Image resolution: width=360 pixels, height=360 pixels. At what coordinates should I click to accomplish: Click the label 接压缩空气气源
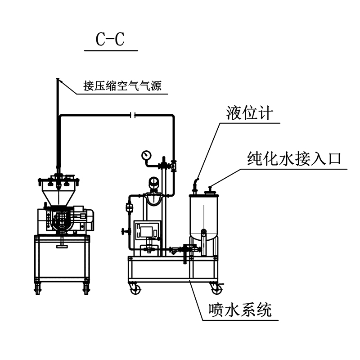click(x=122, y=85)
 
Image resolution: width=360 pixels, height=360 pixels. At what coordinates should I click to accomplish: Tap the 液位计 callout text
click(x=249, y=113)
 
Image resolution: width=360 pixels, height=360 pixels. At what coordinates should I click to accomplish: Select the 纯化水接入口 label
click(x=295, y=158)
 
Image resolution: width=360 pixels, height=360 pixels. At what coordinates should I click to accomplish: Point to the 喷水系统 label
click(x=240, y=310)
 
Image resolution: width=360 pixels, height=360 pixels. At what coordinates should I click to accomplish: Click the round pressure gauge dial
click(x=146, y=154)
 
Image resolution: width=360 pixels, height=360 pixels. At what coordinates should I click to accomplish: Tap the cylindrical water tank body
click(x=204, y=216)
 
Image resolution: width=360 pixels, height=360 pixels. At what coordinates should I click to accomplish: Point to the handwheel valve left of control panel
click(x=125, y=232)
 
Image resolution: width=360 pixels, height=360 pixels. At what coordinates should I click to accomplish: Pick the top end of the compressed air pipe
click(x=58, y=80)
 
